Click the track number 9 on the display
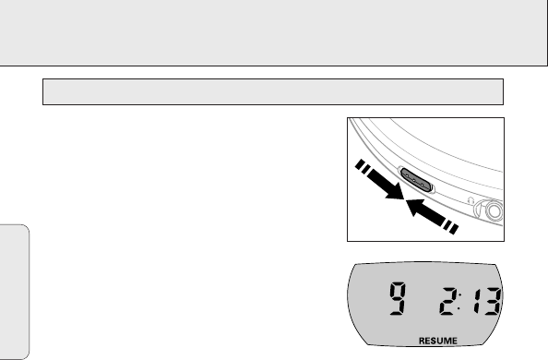[398, 298]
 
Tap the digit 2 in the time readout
[447, 301]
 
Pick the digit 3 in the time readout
[493, 301]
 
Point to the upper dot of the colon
[459, 295]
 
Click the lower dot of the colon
[459, 308]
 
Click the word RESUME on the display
[438, 341]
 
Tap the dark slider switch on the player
[416, 180]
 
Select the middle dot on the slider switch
[414, 181]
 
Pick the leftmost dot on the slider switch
[407, 176]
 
